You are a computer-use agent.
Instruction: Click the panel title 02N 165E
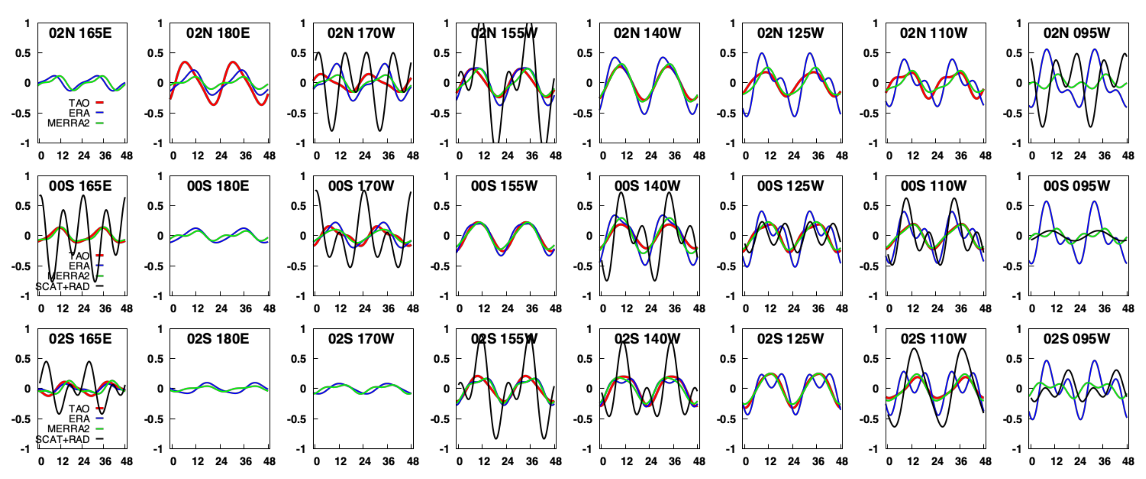(80, 33)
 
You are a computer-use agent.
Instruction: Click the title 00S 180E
(218, 186)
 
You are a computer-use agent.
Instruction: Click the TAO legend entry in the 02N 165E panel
(79, 103)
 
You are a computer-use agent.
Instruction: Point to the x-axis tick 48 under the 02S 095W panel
(1128, 462)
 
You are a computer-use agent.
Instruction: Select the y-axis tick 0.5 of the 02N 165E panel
(22, 53)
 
